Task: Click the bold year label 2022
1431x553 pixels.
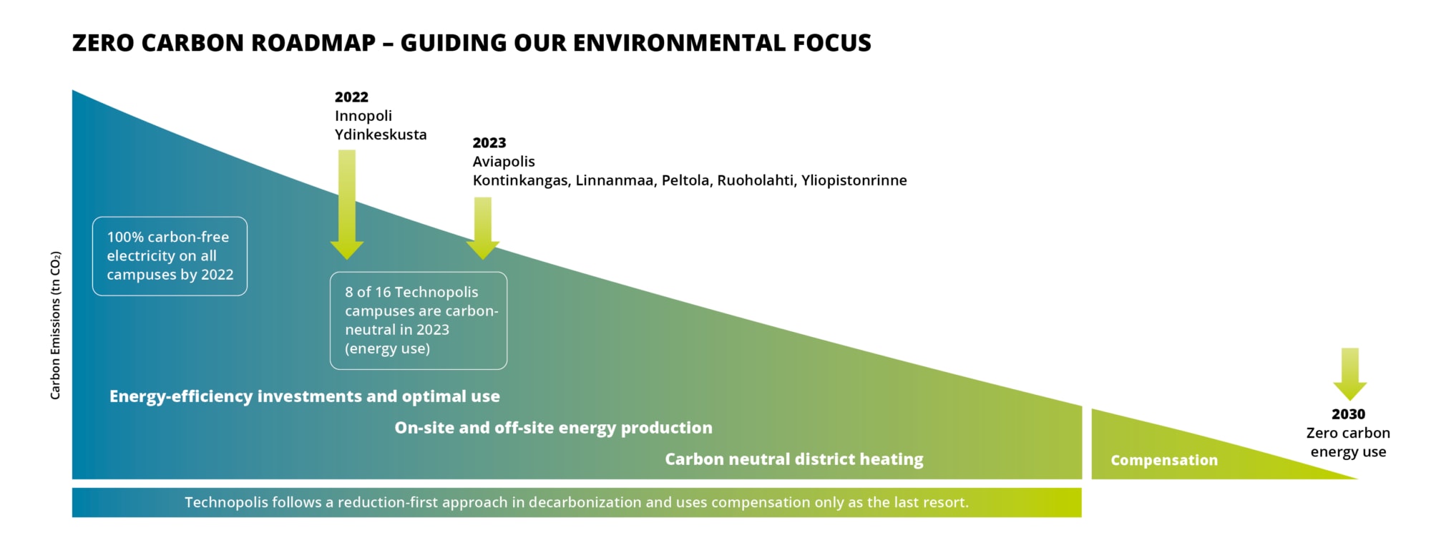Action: click(351, 97)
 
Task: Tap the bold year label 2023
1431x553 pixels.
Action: click(489, 143)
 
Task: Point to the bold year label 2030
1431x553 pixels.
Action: click(1348, 414)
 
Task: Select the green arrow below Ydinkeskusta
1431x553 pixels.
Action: click(347, 205)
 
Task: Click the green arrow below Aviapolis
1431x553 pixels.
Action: click(483, 228)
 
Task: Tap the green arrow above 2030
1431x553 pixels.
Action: click(1350, 374)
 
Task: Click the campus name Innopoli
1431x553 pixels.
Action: click(363, 116)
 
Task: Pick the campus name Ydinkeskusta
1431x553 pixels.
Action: click(381, 134)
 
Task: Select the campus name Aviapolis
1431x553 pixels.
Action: click(504, 162)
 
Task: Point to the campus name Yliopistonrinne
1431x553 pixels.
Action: click(854, 180)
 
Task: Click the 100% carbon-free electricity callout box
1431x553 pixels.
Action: click(170, 256)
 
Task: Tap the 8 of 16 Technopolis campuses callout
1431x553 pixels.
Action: click(419, 320)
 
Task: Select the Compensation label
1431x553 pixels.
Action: click(1164, 461)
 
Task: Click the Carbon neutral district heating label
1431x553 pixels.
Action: click(794, 459)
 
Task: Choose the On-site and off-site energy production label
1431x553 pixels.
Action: click(554, 428)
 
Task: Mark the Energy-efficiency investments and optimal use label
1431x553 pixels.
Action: click(305, 396)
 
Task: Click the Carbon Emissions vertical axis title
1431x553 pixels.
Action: click(55, 326)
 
